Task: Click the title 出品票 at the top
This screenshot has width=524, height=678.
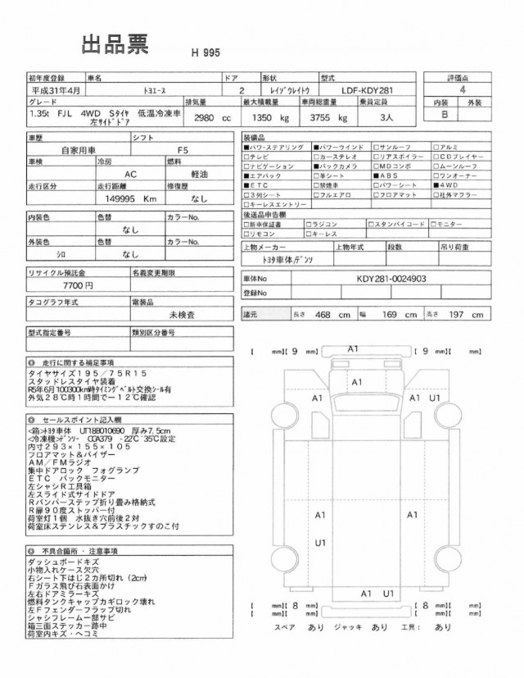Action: [115, 44]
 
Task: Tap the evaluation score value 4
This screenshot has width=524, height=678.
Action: [463, 90]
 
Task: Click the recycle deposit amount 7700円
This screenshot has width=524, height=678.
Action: [78, 284]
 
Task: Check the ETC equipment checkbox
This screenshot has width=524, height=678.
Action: [247, 186]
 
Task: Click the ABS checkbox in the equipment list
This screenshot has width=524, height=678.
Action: [376, 175]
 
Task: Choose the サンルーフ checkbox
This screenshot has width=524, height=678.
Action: [376, 145]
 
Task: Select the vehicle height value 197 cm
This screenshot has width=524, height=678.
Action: [465, 314]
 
